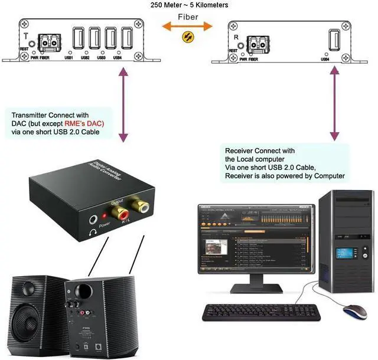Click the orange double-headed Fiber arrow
(188, 27)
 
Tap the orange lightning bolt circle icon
(188, 37)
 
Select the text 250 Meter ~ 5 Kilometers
(189, 5)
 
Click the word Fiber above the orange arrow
(188, 17)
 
